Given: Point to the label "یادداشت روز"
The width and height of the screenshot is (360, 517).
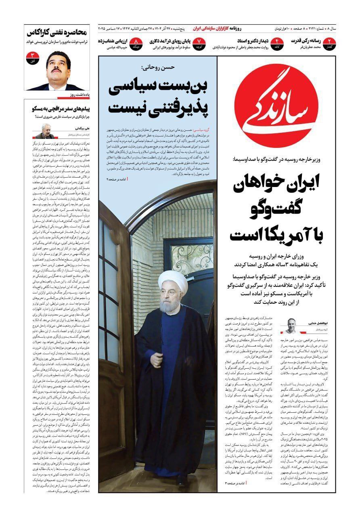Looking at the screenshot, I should [x=79, y=95].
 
